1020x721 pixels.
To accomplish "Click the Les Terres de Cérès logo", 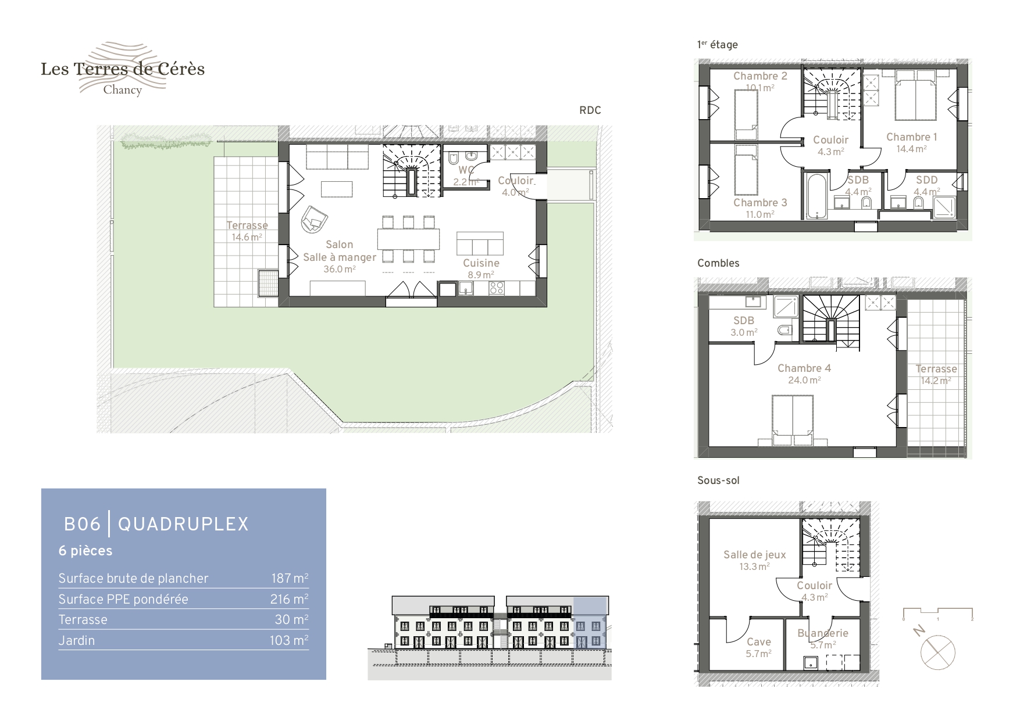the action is [x=123, y=69].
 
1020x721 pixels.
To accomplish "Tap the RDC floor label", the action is [x=590, y=110].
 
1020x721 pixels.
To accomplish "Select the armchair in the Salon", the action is [x=315, y=220].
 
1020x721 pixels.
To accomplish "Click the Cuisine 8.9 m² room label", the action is [x=481, y=268].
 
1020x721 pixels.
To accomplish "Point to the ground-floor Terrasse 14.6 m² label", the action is [x=247, y=231].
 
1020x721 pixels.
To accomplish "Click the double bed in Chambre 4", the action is [x=791, y=419].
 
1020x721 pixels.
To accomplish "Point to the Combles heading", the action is [x=718, y=263].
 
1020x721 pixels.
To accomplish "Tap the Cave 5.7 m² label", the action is [x=758, y=647].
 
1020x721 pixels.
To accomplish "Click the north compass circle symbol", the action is [x=937, y=652].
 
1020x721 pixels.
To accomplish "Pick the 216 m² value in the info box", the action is [x=290, y=599].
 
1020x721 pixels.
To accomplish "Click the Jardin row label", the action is [x=76, y=640].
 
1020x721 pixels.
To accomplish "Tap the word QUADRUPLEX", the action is [x=183, y=524].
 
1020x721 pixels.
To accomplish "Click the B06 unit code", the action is [x=82, y=524].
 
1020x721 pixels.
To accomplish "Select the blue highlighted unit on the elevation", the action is [x=591, y=622].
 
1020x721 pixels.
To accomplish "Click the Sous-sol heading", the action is [x=718, y=480].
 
